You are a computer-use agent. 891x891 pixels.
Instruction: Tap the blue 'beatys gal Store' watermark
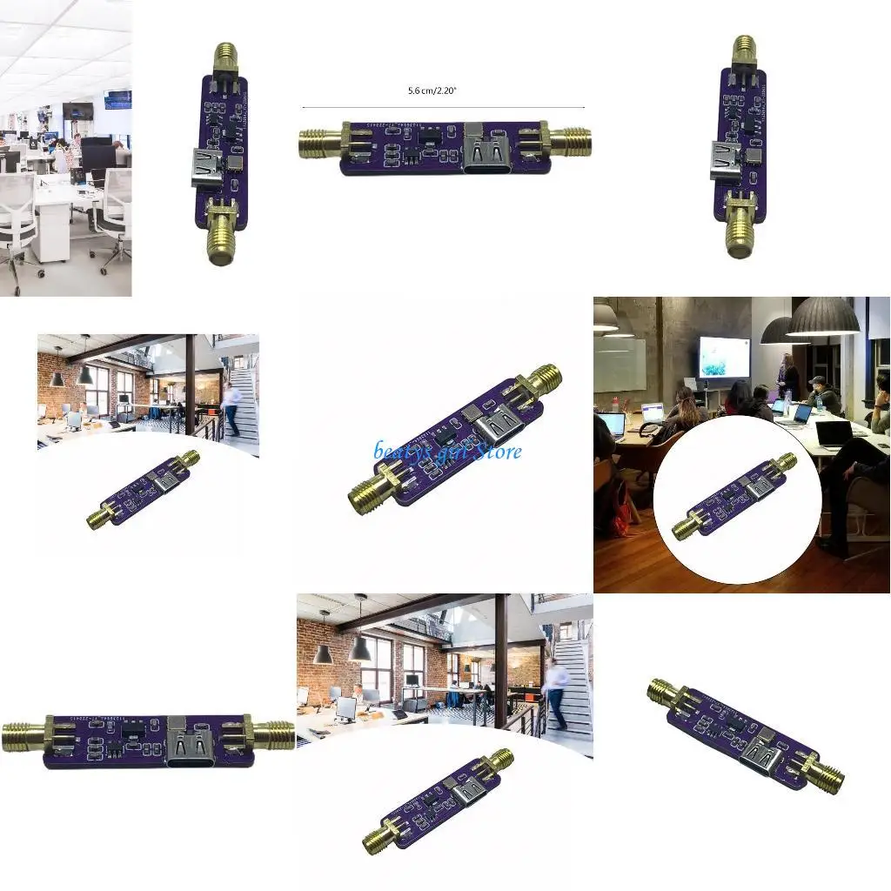[x=448, y=451]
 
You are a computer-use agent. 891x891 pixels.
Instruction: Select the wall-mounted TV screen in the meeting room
[x=723, y=356]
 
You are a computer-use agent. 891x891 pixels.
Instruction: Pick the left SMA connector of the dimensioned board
[x=322, y=143]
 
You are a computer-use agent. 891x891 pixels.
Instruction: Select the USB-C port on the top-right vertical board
[x=726, y=160]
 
